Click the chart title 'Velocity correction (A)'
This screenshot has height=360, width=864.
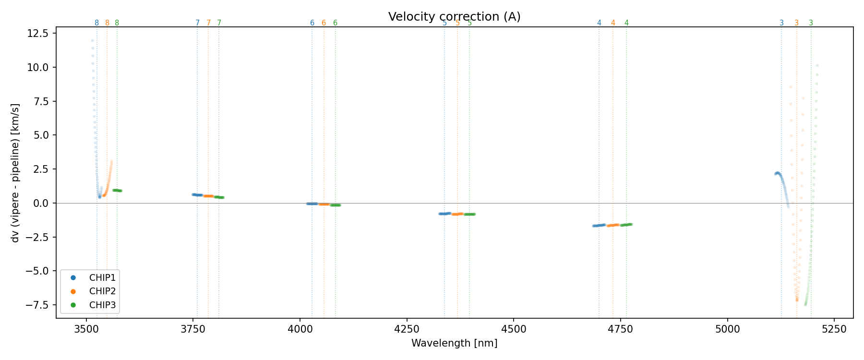pos(454,17)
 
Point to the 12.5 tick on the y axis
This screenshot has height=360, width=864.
pos(39,33)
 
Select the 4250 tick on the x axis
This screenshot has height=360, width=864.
pos(407,329)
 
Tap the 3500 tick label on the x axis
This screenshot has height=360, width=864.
pos(86,329)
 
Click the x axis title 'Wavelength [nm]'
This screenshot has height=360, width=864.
pos(454,343)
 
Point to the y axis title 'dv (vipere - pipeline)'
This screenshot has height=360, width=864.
pos(15,173)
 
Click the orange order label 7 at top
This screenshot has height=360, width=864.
pos(208,23)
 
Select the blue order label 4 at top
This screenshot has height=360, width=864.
pos(599,23)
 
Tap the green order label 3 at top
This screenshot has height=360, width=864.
pos(811,23)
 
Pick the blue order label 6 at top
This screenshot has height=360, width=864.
pos(312,23)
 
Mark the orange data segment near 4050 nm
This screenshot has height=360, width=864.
pos(324,204)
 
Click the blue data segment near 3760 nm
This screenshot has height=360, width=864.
pos(197,195)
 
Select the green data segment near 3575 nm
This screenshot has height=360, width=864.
pos(117,191)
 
